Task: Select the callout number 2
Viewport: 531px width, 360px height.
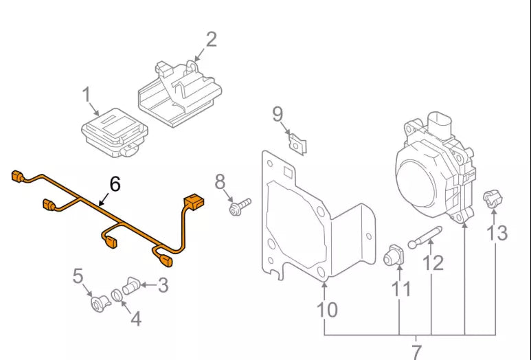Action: [211, 39]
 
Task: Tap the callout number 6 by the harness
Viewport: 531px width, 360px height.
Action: [114, 183]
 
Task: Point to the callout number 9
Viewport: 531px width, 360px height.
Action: [278, 113]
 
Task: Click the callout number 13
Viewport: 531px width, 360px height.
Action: [497, 232]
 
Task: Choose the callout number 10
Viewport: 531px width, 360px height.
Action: [328, 309]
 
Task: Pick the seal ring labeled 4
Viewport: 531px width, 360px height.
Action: [117, 295]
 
